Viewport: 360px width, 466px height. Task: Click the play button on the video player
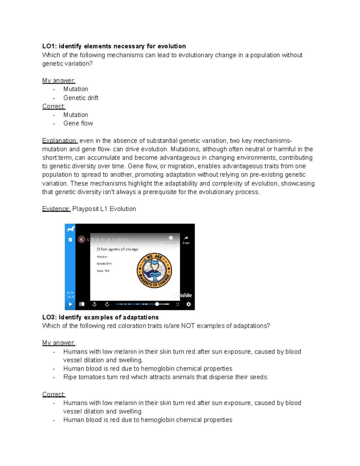(x=70, y=304)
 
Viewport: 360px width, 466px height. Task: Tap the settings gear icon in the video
(x=188, y=304)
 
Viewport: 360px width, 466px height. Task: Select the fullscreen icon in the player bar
(x=178, y=304)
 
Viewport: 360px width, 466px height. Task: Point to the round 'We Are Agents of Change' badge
(x=154, y=270)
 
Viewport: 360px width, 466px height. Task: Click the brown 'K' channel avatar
(x=81, y=239)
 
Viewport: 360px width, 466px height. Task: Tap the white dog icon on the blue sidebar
(x=71, y=230)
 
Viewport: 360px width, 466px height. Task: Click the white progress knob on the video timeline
(x=157, y=304)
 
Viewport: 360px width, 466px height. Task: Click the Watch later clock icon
(x=171, y=238)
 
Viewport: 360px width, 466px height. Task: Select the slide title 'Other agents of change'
(x=117, y=249)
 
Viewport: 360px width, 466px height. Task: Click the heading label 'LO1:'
(x=50, y=46)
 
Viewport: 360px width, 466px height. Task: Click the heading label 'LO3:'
(x=50, y=317)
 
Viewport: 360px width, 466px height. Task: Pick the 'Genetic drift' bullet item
(x=81, y=98)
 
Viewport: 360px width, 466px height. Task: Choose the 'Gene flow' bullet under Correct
(x=78, y=123)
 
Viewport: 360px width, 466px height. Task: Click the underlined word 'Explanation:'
(x=60, y=141)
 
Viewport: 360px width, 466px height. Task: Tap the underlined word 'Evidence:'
(x=56, y=209)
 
